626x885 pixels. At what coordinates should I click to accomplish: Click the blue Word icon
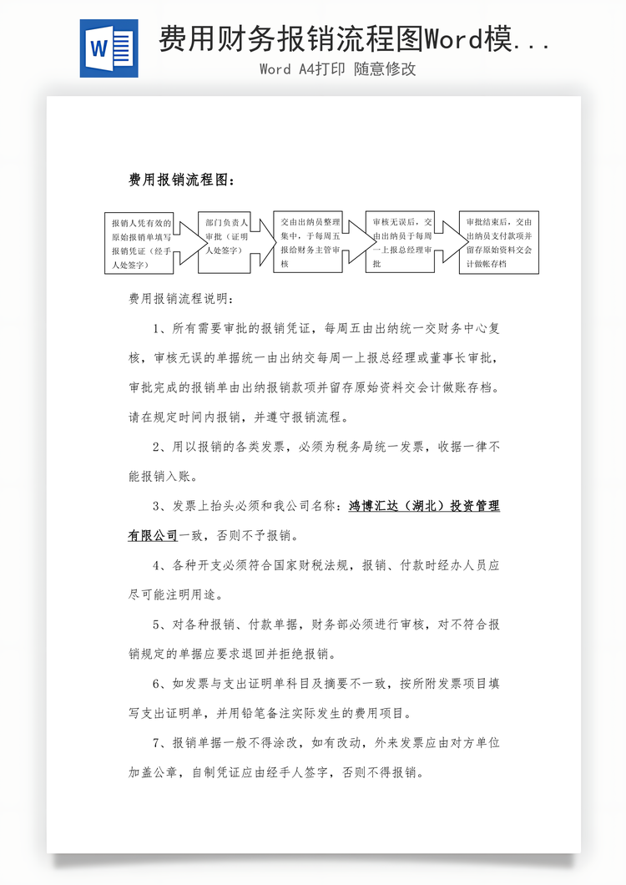coord(109,48)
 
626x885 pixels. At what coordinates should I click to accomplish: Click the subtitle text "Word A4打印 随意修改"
coord(337,69)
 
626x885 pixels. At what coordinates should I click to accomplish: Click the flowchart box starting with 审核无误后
coord(399,243)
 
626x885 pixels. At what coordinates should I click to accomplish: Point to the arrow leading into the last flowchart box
coord(451,243)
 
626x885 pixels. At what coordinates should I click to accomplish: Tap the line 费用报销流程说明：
coord(181,298)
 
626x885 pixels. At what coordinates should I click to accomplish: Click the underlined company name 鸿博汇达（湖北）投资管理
coord(423,506)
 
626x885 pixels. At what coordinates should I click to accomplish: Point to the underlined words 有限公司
coord(153,535)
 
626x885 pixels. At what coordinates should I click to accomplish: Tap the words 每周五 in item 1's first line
coord(341,328)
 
